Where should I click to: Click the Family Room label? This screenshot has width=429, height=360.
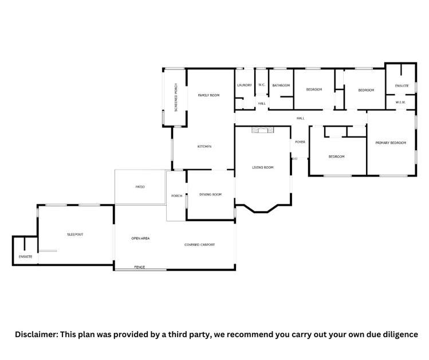[x=208, y=95]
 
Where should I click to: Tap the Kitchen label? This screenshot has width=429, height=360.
[x=204, y=147]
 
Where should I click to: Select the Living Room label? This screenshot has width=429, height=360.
[x=263, y=167]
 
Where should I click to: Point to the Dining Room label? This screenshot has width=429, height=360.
[x=210, y=195]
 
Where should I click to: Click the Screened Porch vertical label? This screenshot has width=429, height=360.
[x=176, y=97]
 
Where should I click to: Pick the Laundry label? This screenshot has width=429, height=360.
[x=245, y=85]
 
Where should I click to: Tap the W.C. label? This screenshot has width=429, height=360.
[x=261, y=85]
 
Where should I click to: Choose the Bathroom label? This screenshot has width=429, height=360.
[x=281, y=86]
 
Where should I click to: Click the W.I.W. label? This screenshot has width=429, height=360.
[x=400, y=103]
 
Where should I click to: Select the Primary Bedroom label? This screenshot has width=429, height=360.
[x=391, y=142]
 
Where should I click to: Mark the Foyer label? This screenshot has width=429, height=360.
[x=300, y=142]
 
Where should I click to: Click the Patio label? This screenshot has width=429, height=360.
[x=140, y=187]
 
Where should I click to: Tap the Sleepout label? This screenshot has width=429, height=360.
[x=75, y=234]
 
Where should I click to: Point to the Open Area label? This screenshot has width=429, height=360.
[x=140, y=238]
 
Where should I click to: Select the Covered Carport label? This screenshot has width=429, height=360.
[x=199, y=245]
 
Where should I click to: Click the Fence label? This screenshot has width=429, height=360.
[x=139, y=267]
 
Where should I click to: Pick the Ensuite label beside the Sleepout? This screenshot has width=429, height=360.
[x=25, y=256]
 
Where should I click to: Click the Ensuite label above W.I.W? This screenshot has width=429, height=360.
[x=402, y=86]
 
